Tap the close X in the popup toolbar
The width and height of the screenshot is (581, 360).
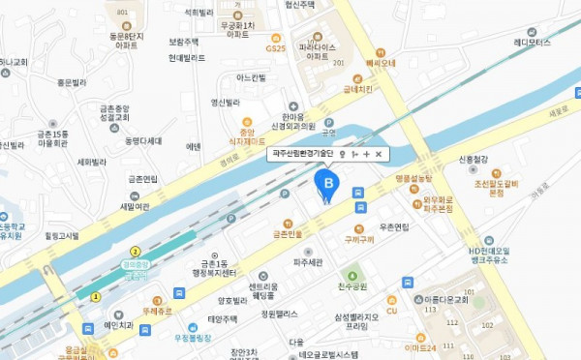[378, 154]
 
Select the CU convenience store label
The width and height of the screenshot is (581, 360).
[392, 310]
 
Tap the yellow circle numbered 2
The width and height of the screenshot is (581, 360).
[135, 251]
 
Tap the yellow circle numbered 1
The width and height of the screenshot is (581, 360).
[95, 297]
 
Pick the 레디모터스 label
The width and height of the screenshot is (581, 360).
[532, 43]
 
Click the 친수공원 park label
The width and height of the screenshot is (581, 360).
[353, 287]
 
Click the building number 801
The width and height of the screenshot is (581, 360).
[122, 12]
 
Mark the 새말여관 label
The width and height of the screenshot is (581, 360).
[134, 206]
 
